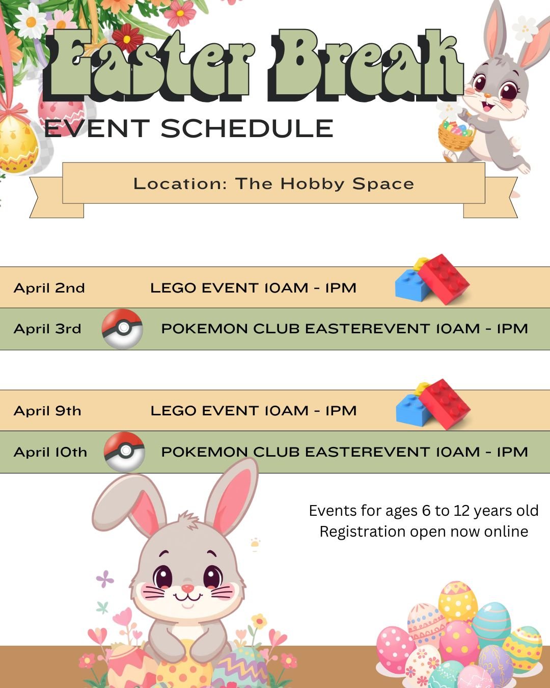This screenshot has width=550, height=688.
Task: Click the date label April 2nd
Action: (49, 288)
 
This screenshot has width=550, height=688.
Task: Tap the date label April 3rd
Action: (47, 329)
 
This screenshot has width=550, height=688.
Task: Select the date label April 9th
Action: (47, 411)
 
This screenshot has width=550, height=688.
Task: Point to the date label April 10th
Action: (50, 452)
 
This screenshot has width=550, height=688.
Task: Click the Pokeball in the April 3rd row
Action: (122, 329)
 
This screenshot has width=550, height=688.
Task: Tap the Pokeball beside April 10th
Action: (124, 452)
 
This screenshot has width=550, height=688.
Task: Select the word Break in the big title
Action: (364, 64)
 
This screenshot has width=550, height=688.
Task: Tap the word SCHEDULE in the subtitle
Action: (247, 128)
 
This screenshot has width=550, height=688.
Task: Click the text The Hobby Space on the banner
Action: (324, 183)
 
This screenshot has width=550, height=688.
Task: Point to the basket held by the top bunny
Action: (456, 135)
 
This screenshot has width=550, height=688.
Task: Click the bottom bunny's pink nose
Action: (187, 589)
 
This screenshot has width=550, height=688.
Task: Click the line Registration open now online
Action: (424, 532)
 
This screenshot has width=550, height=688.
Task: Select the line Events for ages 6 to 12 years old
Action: (424, 511)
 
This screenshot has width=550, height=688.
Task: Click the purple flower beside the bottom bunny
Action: (105, 578)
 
